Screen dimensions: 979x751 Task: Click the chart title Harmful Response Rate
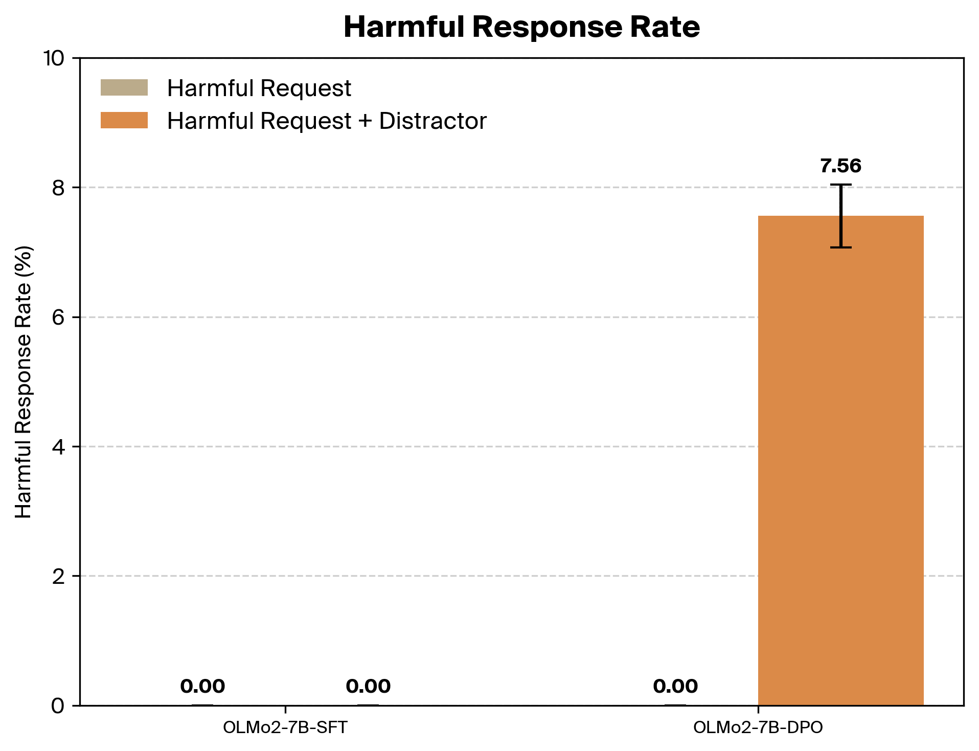coord(521,27)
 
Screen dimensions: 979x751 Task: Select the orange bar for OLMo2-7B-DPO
coord(840,460)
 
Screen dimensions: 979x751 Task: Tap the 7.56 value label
coord(840,166)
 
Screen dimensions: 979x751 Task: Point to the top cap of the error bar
coord(840,185)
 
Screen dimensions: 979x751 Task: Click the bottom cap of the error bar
coord(840,247)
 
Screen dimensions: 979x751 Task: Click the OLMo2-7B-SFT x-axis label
coord(285,727)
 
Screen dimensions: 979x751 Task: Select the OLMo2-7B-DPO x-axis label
coord(758,727)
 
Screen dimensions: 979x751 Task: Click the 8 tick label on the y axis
coord(59,188)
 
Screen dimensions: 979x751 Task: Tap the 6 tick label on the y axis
coord(59,317)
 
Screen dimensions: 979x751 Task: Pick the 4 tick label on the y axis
coord(59,446)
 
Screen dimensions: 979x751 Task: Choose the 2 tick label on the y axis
coord(59,576)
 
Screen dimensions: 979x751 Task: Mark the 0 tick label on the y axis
coord(59,706)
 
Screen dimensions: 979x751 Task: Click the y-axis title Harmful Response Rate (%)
coord(24,382)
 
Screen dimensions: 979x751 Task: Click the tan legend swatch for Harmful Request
coord(124,87)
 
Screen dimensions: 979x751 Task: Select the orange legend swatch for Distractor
coord(124,120)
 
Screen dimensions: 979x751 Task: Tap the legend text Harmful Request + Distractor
coord(327,121)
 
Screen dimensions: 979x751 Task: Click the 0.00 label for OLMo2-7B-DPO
coord(675,686)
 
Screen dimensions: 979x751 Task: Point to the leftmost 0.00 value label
coord(203,686)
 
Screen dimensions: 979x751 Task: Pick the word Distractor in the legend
coord(433,121)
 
